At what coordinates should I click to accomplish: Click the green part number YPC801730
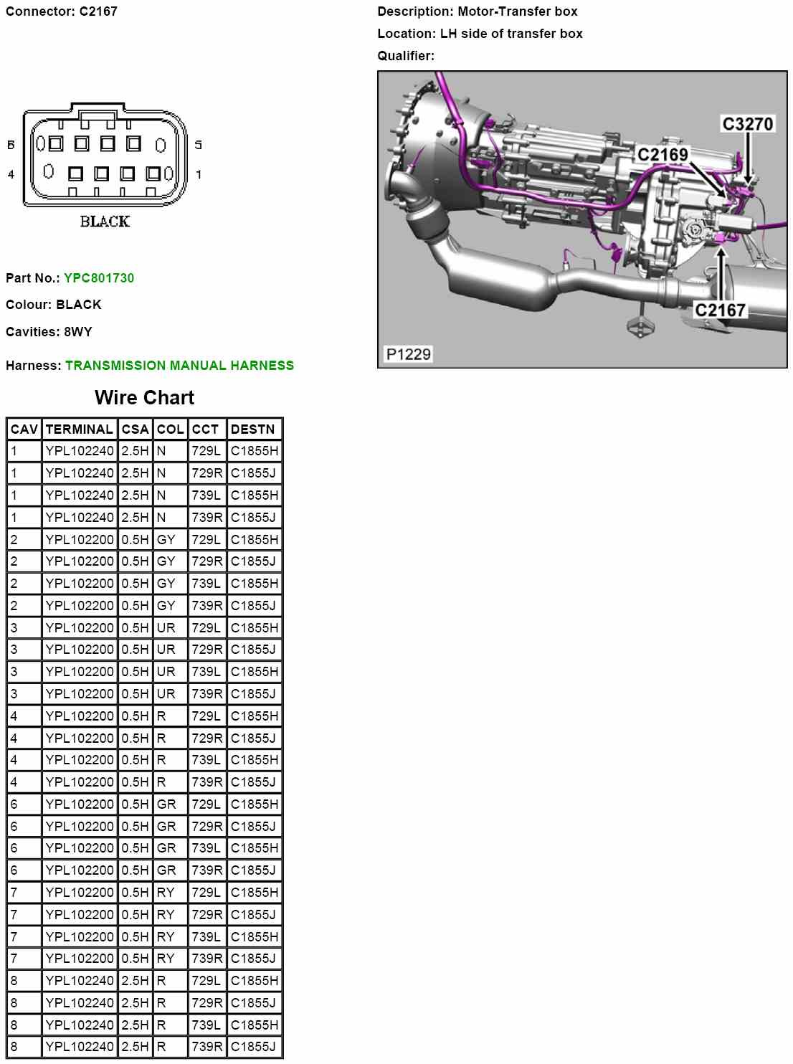99,277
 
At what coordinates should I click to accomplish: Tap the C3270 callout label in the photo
747,123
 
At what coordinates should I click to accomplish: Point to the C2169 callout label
663,155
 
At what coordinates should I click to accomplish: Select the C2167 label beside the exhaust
720,310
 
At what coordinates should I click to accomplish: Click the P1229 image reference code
408,354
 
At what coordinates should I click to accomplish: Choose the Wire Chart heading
144,397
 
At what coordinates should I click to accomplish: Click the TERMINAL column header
79,429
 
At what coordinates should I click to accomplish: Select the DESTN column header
252,429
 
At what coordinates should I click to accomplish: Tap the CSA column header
135,429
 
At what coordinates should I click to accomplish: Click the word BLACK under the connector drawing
105,222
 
